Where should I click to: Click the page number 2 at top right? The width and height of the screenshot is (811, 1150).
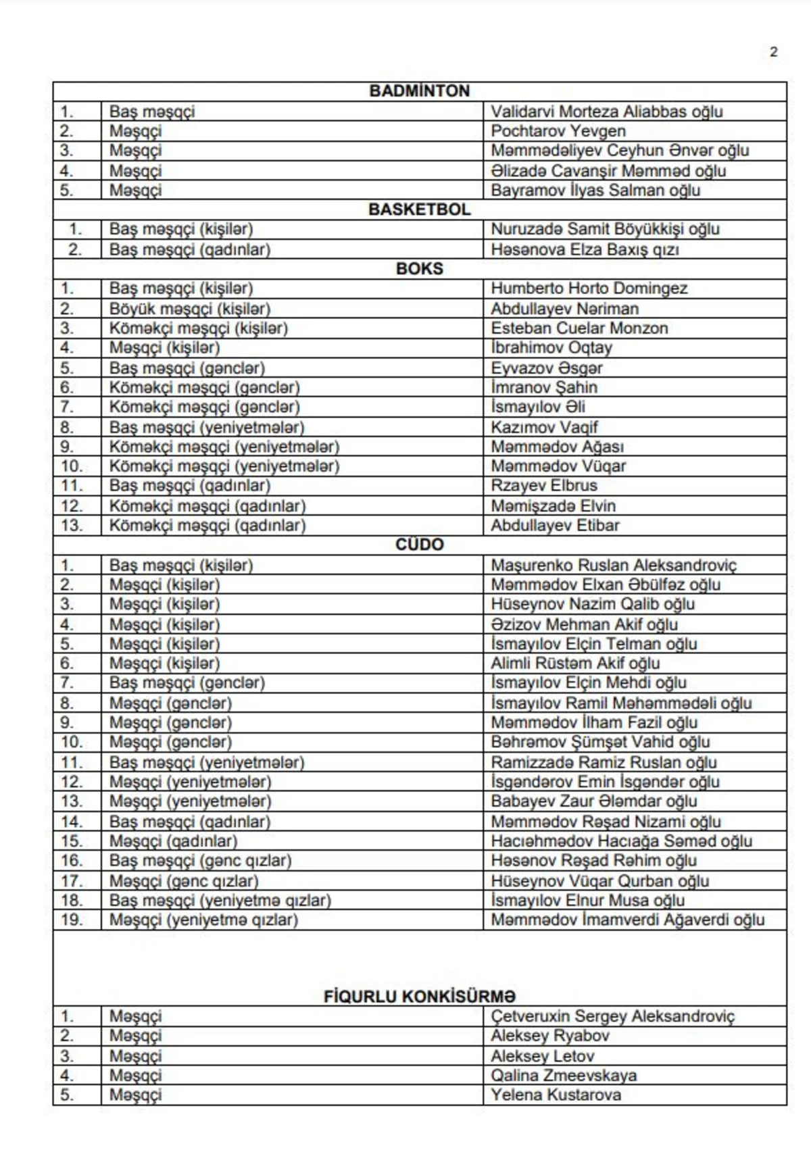click(x=773, y=52)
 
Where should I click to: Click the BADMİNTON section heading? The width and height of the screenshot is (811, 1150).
click(x=419, y=91)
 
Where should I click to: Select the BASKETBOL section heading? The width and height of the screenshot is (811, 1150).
click(x=419, y=209)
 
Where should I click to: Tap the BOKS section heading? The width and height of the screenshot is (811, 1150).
click(x=419, y=269)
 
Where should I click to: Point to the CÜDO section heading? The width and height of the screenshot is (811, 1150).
click(x=419, y=545)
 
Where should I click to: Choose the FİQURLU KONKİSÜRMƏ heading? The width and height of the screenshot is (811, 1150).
click(x=419, y=997)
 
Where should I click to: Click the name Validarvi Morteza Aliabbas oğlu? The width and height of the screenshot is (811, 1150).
click(x=606, y=111)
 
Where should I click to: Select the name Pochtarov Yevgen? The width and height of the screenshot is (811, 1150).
click(x=558, y=131)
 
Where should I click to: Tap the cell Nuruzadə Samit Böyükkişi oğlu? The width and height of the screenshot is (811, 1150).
click(x=605, y=229)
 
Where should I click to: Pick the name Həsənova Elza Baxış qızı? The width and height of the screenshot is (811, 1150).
click(x=585, y=249)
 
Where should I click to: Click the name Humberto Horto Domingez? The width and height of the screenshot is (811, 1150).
click(x=589, y=289)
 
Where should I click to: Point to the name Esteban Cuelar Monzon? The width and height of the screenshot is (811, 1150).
click(x=579, y=328)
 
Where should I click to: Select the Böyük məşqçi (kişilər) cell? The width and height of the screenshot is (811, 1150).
click(x=190, y=309)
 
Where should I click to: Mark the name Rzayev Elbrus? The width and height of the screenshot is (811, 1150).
click(x=544, y=486)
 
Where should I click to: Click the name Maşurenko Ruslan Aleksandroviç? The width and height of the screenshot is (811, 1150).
click(x=614, y=565)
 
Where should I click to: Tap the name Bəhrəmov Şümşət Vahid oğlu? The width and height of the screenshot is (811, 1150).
click(x=600, y=742)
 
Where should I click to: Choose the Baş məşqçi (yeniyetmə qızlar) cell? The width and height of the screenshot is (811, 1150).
click(x=220, y=900)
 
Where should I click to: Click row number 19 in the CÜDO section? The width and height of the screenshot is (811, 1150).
click(x=72, y=920)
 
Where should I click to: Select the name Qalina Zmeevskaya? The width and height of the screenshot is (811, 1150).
click(x=564, y=1075)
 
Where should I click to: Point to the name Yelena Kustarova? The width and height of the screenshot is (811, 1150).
click(x=556, y=1095)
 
